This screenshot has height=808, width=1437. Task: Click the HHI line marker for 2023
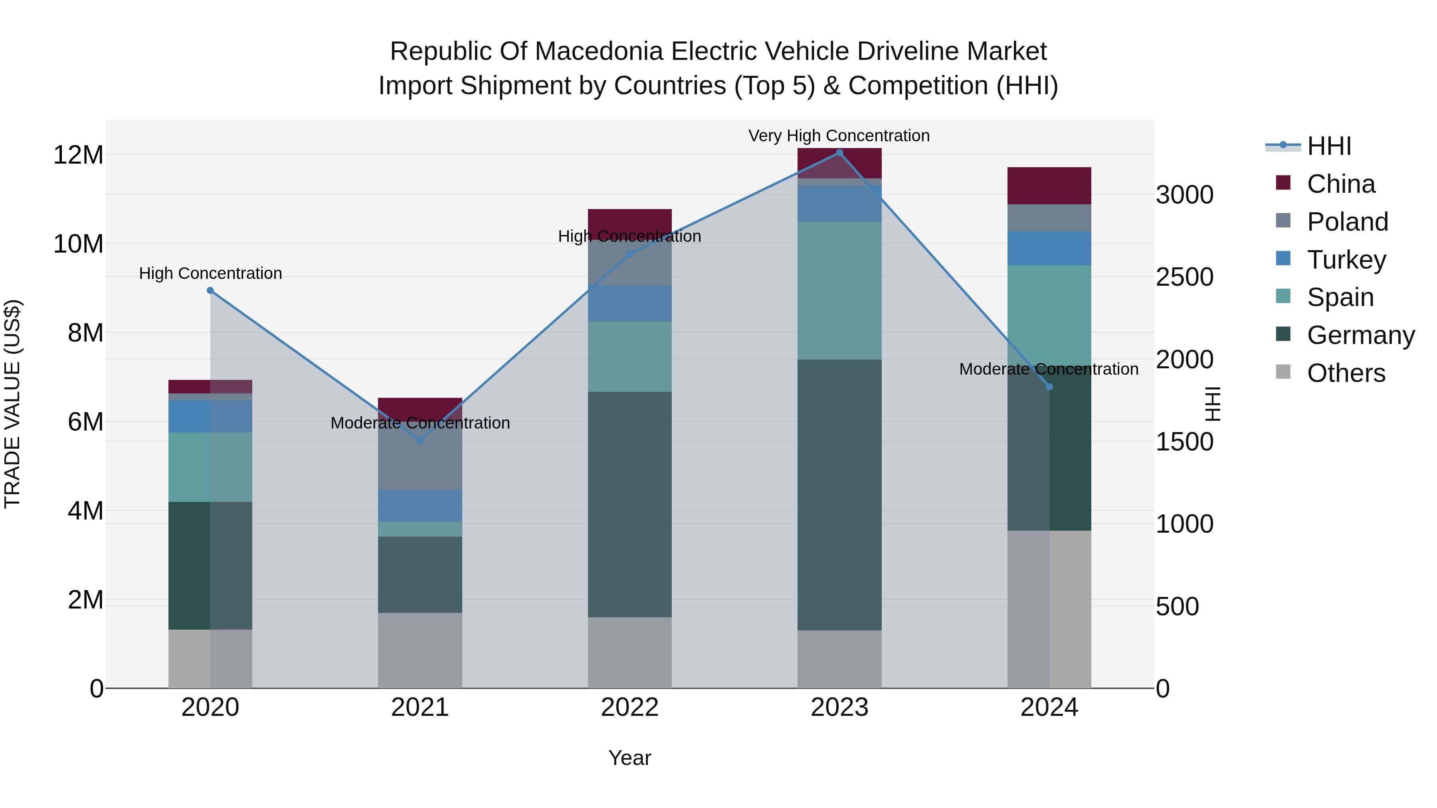[x=839, y=153]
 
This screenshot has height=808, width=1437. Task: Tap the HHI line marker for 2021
[x=420, y=440]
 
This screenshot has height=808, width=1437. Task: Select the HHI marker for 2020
[x=210, y=290]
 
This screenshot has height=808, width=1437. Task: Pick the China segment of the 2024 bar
[x=1049, y=186]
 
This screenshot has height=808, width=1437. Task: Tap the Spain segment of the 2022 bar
[x=629, y=356]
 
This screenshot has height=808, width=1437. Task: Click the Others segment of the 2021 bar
[x=420, y=650]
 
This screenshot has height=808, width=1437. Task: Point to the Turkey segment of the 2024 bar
[x=1049, y=248]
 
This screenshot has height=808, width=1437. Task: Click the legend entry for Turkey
[x=1346, y=260]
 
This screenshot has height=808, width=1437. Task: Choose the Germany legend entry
[x=1360, y=335]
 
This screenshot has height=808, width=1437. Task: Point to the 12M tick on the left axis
[x=78, y=155]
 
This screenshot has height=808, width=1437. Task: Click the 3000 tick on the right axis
[x=1184, y=195]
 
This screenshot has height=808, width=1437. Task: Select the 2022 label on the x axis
[x=629, y=707]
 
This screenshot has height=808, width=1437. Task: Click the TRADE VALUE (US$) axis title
[x=12, y=404]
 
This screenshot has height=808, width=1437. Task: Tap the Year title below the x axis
[x=629, y=758]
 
